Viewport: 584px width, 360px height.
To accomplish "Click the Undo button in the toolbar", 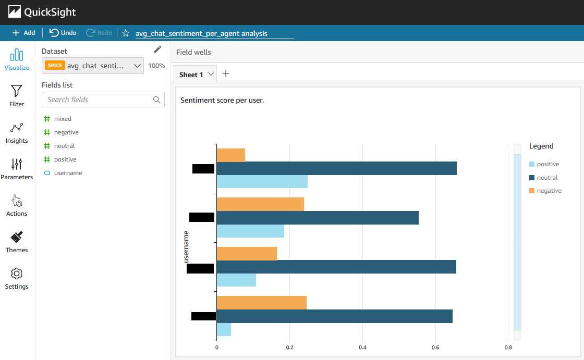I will click(63, 33).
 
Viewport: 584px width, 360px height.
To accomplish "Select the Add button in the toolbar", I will click(24, 33).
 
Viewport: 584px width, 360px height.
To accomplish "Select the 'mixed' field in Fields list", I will click(63, 119).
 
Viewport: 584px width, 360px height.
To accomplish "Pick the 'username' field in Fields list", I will click(68, 173).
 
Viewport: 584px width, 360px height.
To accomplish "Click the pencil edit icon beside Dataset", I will click(158, 49).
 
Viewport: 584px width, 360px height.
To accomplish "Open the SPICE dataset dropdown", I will click(93, 66).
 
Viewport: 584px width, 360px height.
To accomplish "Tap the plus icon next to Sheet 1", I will click(226, 73).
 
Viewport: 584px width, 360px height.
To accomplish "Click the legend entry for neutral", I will click(547, 178).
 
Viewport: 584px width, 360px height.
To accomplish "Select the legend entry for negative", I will click(549, 191).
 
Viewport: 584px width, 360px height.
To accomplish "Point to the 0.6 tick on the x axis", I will click(435, 347).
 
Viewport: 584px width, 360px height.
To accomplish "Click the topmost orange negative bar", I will click(230, 155).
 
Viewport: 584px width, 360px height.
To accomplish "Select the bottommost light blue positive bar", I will click(224, 329).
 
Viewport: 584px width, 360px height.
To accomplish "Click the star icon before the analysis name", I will click(126, 33).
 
